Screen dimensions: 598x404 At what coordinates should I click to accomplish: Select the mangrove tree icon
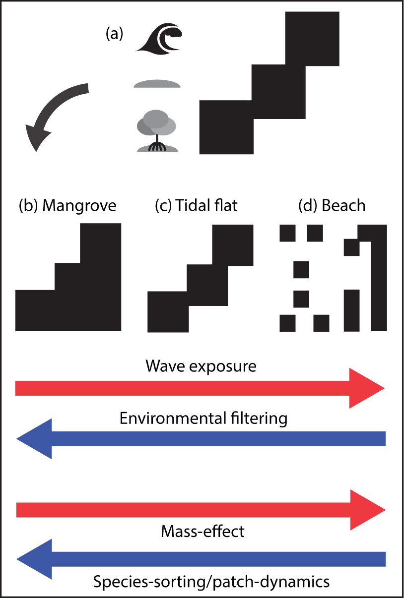pyautogui.click(x=157, y=131)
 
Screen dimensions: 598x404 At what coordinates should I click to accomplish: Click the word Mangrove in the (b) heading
pyautogui.click(x=79, y=205)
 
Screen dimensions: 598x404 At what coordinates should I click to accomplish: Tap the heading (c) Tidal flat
pyautogui.click(x=197, y=205)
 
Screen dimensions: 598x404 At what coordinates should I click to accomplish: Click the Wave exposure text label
pyautogui.click(x=201, y=366)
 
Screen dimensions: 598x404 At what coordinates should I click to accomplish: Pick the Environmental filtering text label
pyautogui.click(x=203, y=419)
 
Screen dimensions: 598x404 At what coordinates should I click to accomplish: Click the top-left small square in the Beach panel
pyautogui.click(x=288, y=233)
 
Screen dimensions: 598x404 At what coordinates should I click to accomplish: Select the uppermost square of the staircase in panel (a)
pyautogui.click(x=312, y=38)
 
